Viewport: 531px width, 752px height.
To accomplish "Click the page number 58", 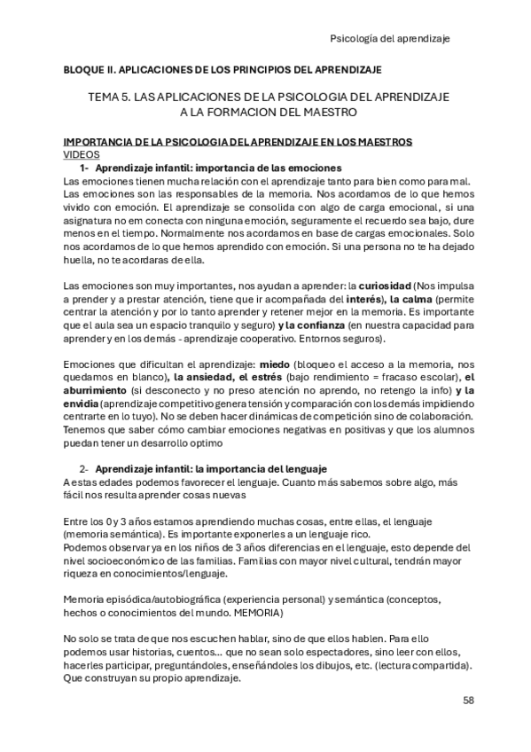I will click(x=469, y=701).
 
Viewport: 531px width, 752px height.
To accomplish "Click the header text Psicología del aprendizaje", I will click(x=390, y=39).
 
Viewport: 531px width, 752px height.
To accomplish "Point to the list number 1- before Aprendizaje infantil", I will click(x=85, y=168).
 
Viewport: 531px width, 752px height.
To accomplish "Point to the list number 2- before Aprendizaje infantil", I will click(x=85, y=468).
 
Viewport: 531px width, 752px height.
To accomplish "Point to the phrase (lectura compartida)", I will click(x=420, y=664).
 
